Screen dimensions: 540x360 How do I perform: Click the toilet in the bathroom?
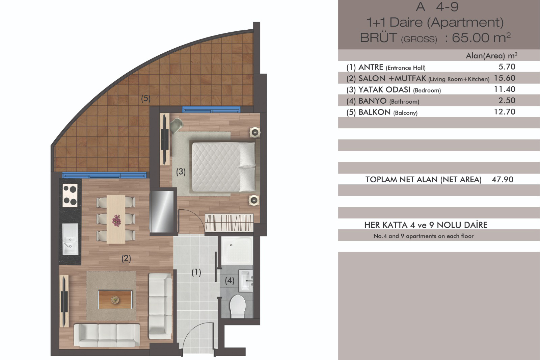point(238,306)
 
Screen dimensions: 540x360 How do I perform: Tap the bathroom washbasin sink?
point(246,281)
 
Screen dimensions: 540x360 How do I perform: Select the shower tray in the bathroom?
point(237,251)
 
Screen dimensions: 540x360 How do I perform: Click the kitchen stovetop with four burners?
point(70,195)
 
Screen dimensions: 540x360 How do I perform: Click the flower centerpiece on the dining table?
point(116,221)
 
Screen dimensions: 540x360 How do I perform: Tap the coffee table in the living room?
point(115,300)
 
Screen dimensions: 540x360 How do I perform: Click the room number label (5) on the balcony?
point(146,99)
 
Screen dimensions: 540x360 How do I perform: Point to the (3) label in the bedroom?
point(181,172)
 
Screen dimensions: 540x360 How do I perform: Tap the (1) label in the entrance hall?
point(196,273)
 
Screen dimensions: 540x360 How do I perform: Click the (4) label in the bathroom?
point(230,280)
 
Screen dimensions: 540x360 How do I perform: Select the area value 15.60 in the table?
point(505,78)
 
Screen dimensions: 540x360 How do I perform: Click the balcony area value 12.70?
point(505,112)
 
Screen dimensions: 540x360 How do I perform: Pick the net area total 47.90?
point(503,180)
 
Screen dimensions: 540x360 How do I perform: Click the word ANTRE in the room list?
point(371,67)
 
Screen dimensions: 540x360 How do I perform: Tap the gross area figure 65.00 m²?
point(481,37)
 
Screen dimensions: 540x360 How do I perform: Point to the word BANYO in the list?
point(373,101)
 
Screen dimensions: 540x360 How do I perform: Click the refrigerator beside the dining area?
point(162,212)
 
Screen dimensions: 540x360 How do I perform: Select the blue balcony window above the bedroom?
point(211,110)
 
